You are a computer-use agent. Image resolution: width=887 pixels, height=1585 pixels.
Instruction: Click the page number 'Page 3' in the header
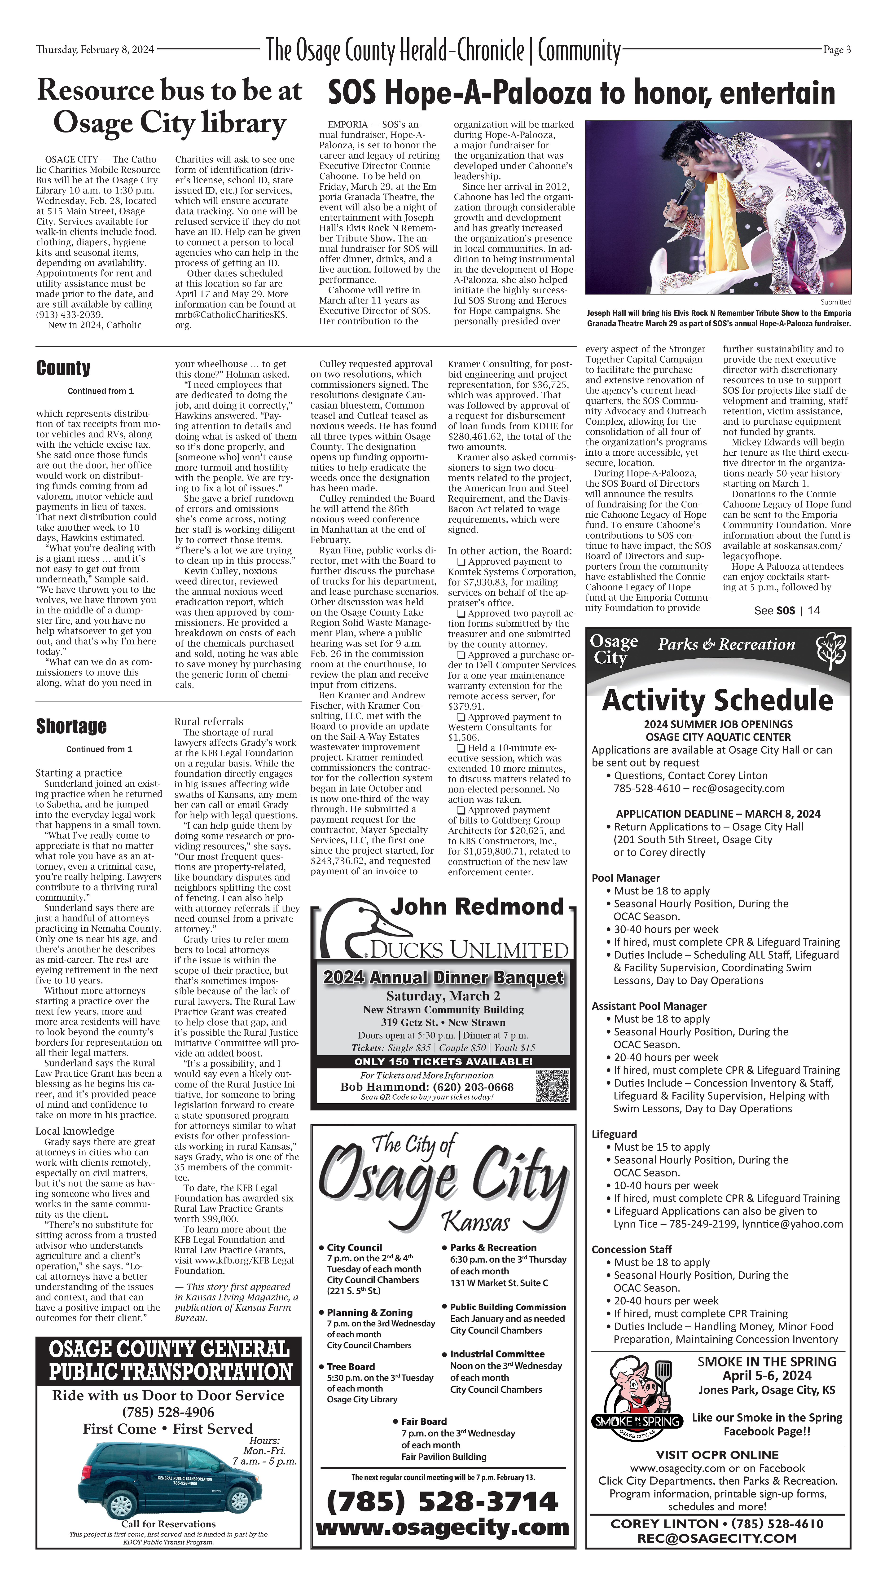tap(837, 50)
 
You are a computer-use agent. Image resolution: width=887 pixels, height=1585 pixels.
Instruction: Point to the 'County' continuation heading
tap(63, 368)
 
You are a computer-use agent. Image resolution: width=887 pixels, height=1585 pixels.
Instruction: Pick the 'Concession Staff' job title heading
tap(631, 1249)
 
